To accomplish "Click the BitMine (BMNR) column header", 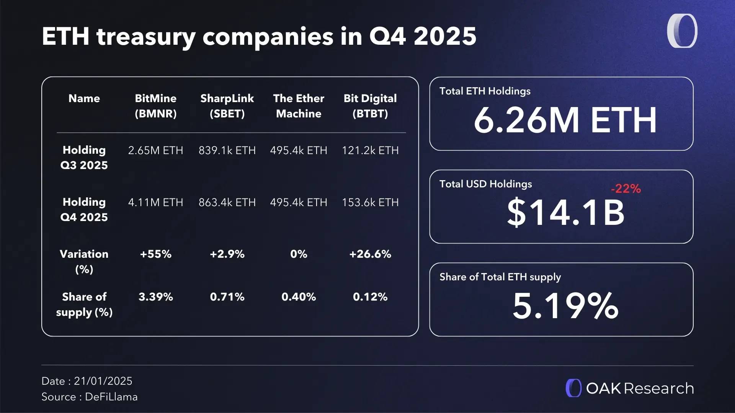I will [x=155, y=106].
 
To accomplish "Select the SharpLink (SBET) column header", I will [x=227, y=106].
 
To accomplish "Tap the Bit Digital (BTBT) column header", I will [x=370, y=106].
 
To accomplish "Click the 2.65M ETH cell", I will [x=155, y=150].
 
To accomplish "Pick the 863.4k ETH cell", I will [x=227, y=202].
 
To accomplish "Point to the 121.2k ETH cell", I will [x=370, y=150].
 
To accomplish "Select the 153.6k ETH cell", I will [x=370, y=202].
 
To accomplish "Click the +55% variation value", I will [x=155, y=254].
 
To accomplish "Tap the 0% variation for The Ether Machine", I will [x=299, y=254].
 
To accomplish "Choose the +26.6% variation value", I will [x=370, y=254].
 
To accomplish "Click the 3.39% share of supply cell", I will [x=155, y=297].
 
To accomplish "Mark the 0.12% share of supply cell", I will [x=370, y=297].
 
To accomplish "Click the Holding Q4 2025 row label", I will [x=84, y=210].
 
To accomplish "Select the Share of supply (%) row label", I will [x=84, y=304].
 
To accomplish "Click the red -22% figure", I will [x=626, y=189].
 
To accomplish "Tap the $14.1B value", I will [x=565, y=213].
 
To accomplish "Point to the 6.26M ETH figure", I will [x=565, y=120].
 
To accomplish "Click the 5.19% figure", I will [x=565, y=306].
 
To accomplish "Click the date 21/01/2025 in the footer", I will [x=103, y=381].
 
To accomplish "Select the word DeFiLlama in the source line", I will [x=111, y=397].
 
